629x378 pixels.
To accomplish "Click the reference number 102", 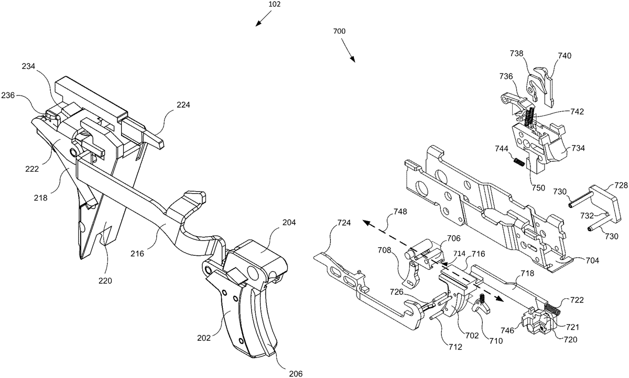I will point(275,4).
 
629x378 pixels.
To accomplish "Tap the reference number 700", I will point(339,31).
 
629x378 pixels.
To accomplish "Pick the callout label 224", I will point(183,104).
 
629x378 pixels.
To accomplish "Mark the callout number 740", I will point(565,55).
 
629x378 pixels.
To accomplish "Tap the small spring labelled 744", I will point(518,162).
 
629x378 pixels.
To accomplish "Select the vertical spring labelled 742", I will point(529,117).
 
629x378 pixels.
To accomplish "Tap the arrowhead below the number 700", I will point(354,61).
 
